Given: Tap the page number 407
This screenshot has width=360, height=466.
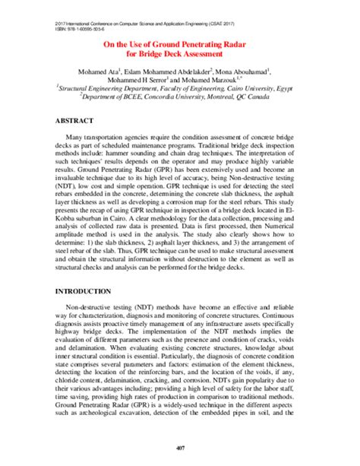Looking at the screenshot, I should [x=179, y=447].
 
